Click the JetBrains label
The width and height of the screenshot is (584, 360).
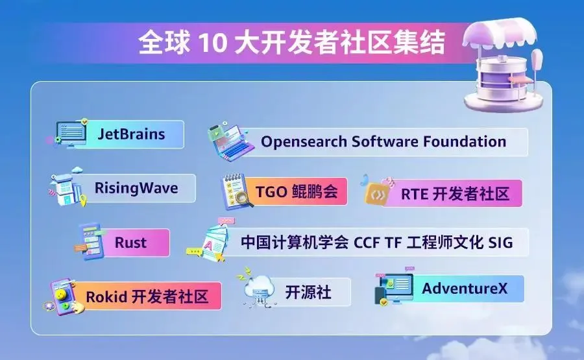point(131,134)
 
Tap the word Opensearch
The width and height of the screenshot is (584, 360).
point(304,142)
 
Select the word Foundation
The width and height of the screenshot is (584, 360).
point(465,141)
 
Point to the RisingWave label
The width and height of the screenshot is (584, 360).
point(136,188)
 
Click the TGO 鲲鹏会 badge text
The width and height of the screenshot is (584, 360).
point(297,192)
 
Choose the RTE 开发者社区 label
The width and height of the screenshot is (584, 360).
point(455,194)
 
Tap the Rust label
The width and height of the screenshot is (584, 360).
point(130,243)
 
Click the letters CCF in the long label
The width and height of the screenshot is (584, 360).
point(367,243)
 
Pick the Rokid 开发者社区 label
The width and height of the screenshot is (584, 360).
point(147,296)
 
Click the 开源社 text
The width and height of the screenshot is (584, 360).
point(308,293)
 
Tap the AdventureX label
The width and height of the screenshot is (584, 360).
point(465,288)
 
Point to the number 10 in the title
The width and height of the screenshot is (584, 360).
point(212,42)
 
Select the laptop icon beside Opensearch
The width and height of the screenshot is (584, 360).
point(230,142)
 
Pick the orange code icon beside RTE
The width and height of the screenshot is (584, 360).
point(378,193)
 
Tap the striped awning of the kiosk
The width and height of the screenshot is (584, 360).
point(500,34)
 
